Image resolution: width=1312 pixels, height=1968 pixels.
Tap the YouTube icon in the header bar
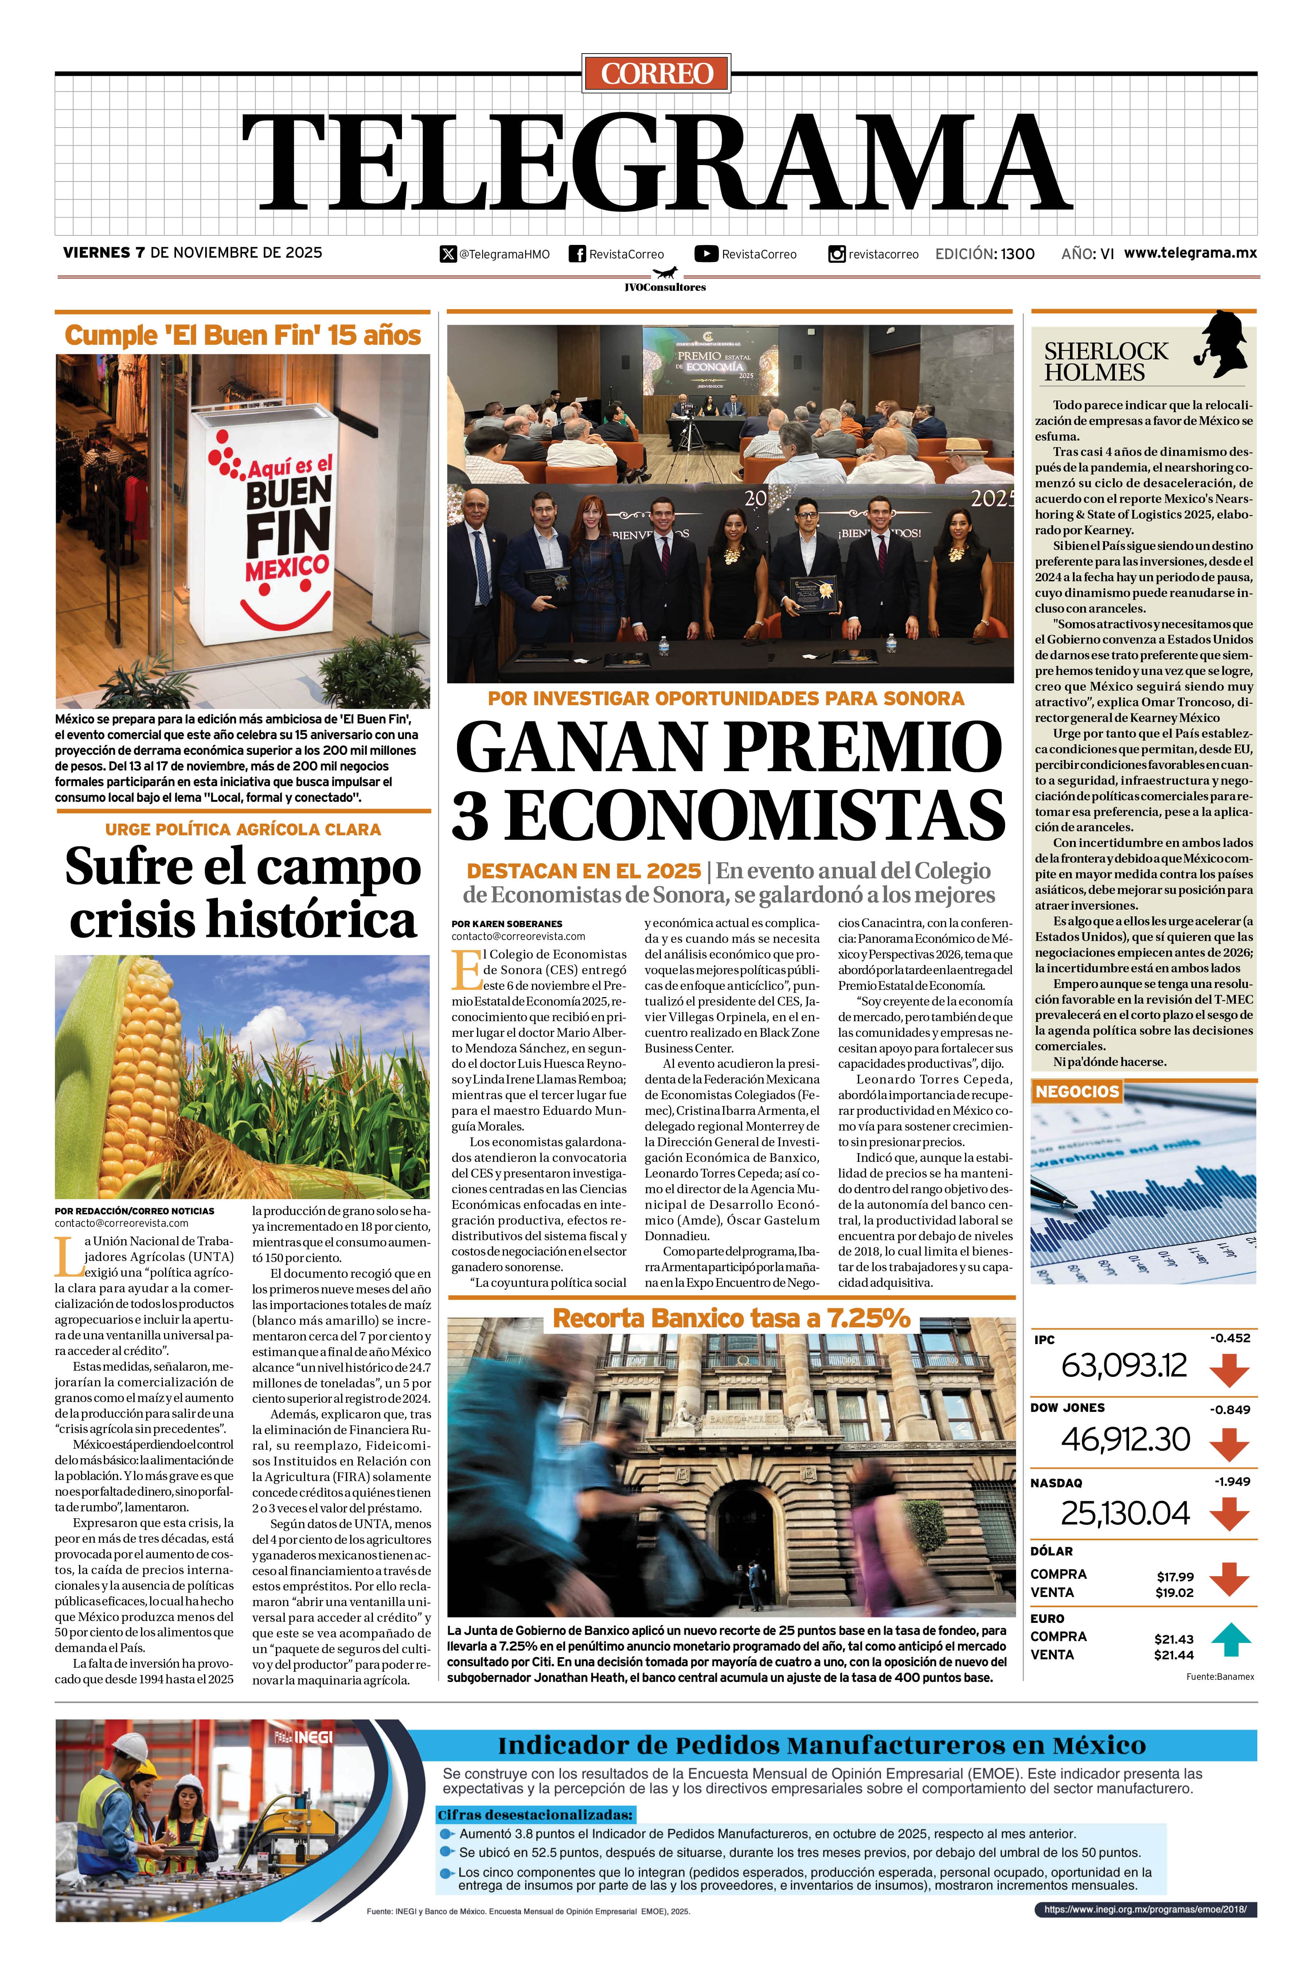706,254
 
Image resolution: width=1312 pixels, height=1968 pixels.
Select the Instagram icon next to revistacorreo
836,254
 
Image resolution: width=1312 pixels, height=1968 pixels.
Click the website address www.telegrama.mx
1190,253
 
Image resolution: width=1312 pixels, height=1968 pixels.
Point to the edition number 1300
1017,254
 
